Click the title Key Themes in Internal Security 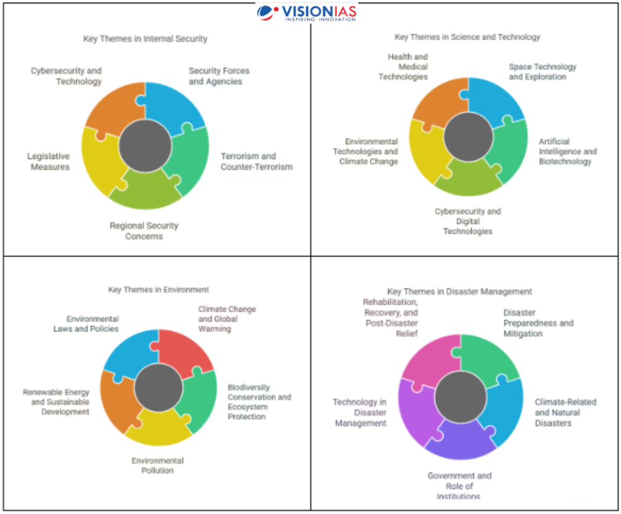point(145,39)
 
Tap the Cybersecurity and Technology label point(66,76)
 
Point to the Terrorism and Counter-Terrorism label point(257,161)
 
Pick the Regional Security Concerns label point(144,230)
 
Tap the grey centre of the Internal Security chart point(145,145)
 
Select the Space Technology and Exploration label point(542,71)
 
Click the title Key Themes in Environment point(159,289)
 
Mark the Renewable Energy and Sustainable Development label point(56,402)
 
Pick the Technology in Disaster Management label point(360,413)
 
